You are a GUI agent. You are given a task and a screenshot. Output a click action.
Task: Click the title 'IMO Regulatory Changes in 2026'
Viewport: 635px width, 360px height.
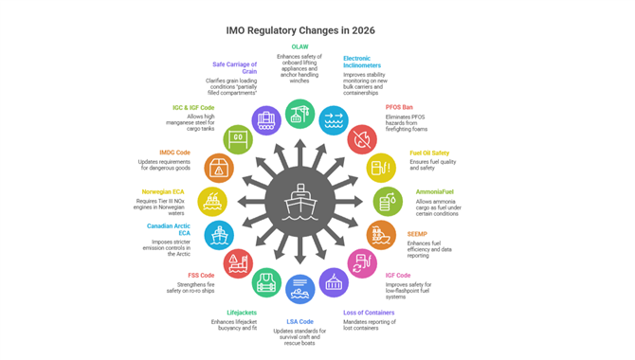pos(300,30)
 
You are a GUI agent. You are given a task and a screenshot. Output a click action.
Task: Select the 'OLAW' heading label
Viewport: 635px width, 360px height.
pos(299,46)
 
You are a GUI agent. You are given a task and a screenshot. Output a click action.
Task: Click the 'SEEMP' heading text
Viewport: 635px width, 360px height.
pos(418,234)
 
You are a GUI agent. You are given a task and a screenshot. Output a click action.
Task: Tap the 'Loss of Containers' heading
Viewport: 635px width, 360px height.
pos(369,312)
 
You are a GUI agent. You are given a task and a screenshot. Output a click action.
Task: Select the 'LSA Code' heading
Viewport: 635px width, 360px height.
pos(300,321)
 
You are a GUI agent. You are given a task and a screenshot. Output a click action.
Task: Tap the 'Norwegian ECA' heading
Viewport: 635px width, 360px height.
pos(164,191)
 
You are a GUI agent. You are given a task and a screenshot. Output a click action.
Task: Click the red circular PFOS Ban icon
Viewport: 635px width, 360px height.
pos(362,140)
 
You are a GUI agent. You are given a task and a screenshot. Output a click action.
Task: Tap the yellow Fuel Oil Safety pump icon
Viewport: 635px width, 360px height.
pos(381,168)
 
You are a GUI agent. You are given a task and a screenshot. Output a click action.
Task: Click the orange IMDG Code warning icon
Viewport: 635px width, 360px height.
pos(219,168)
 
